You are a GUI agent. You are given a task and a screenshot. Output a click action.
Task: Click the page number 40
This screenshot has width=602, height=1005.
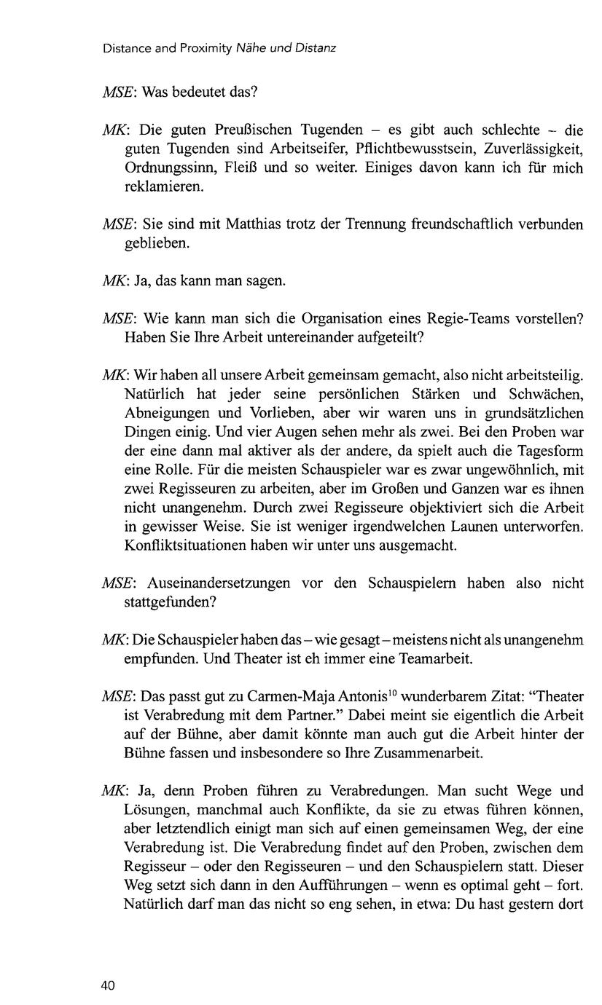[108, 986]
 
